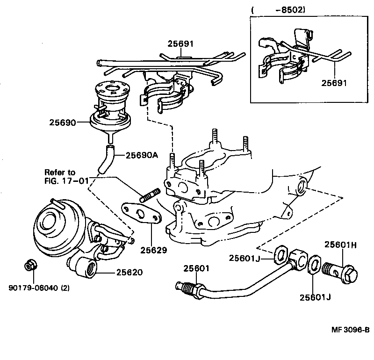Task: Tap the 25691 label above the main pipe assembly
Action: point(181,44)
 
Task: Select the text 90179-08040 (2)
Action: point(39,288)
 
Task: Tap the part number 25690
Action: point(62,122)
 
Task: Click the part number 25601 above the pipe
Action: point(196,268)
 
